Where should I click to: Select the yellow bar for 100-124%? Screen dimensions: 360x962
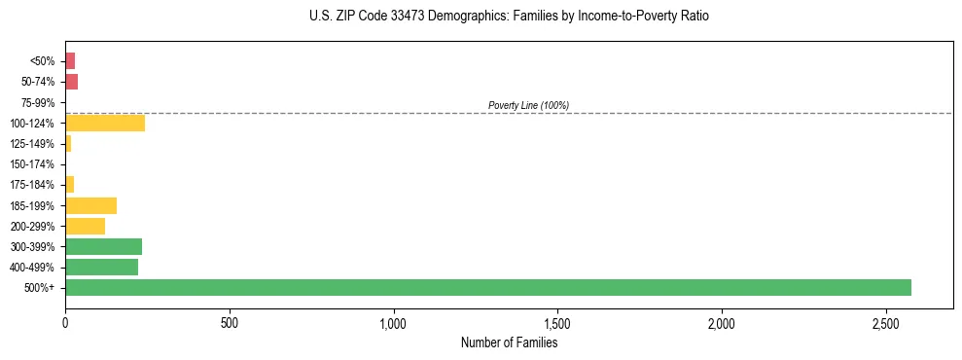105,123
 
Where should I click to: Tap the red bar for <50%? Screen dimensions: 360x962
70,61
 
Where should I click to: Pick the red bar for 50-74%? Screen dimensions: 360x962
71,82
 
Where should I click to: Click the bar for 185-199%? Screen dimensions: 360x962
90,205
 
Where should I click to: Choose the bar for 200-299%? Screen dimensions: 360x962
85,226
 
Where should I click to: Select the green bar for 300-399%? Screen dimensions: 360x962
103,246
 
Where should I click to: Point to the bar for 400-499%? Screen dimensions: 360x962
101,267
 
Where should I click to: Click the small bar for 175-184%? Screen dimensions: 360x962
69,184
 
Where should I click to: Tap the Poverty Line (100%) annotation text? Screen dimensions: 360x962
528,105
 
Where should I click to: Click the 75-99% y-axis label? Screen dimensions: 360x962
40,102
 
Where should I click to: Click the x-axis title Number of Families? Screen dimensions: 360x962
509,342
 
